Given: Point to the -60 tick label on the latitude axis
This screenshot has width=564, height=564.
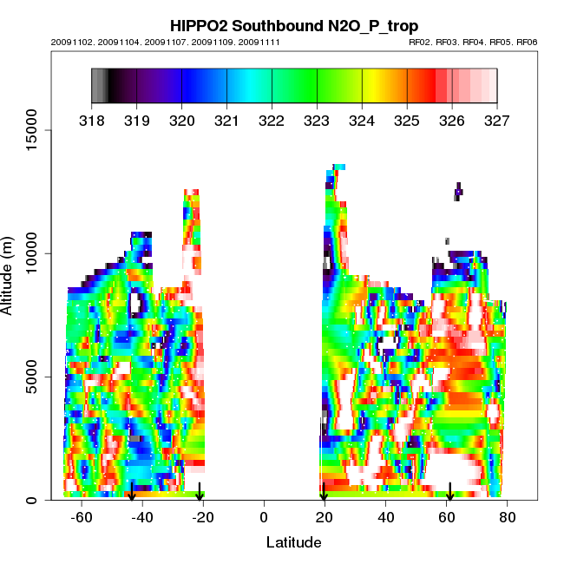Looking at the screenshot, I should click(82, 518).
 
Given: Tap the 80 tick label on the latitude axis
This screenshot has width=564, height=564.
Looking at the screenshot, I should click(508, 518).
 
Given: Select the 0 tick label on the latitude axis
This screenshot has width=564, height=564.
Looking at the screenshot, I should click(264, 518).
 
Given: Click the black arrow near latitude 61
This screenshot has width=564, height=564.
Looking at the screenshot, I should click(450, 492).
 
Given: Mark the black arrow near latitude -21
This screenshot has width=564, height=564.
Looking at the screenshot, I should click(200, 492).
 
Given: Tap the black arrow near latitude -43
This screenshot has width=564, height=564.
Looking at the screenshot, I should click(132, 492).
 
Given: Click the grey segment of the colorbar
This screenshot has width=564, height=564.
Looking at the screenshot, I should click(99, 85).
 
